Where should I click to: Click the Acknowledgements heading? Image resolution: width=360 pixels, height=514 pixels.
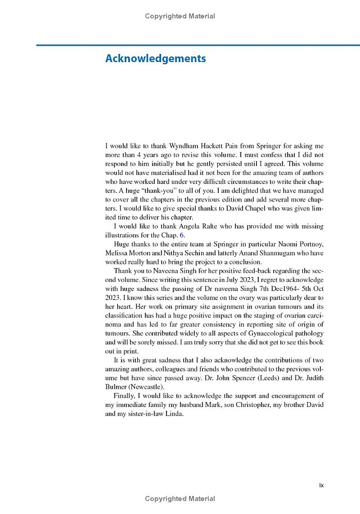(x=155, y=59)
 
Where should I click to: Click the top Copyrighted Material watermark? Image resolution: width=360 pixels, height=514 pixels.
(x=180, y=16)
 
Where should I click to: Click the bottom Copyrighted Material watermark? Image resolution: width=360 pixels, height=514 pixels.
(x=180, y=498)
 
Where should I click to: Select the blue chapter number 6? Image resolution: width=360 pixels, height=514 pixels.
(x=181, y=235)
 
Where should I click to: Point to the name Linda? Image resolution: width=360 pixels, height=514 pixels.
(x=175, y=414)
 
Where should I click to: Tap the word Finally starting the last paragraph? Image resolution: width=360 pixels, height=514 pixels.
(x=124, y=396)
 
